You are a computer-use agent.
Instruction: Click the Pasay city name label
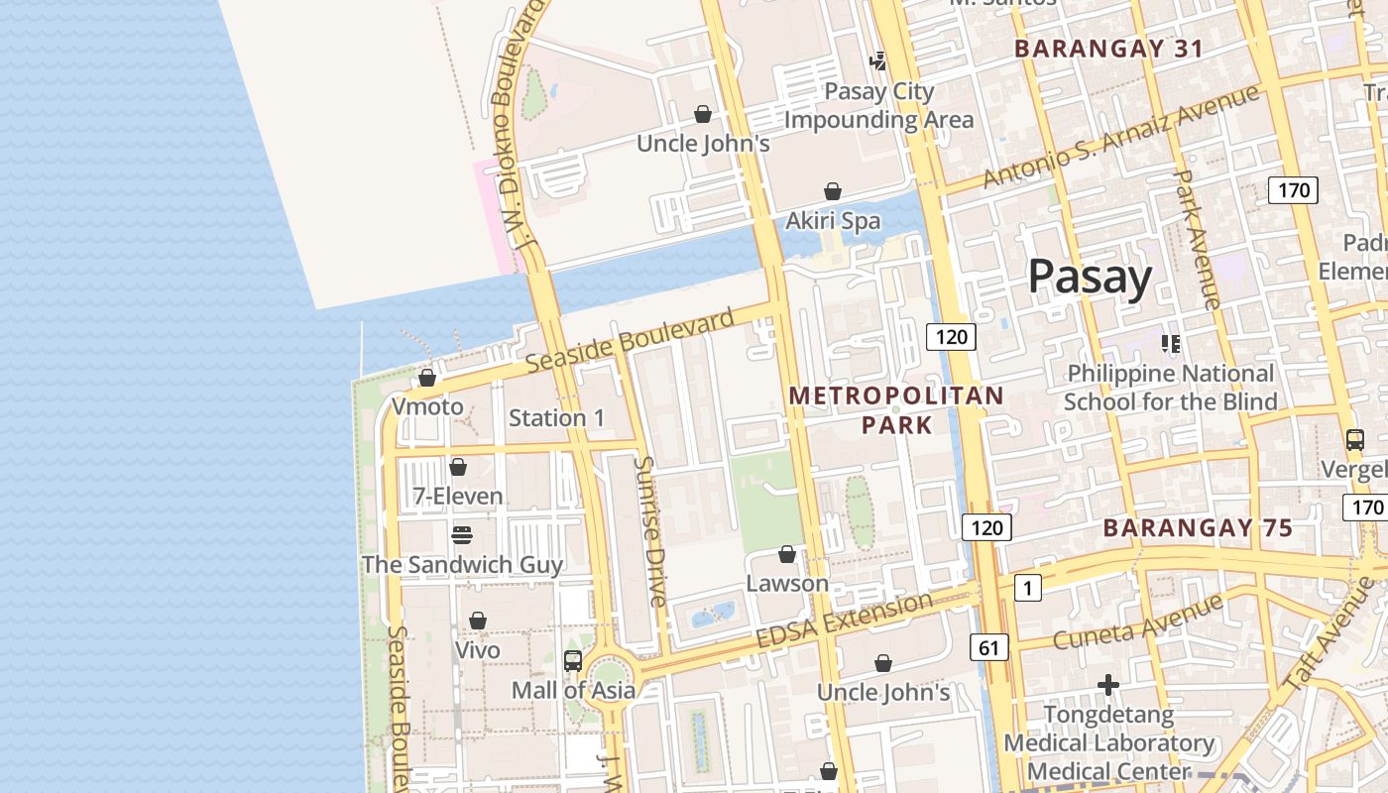click(x=1090, y=277)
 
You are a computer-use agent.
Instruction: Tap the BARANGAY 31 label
click(x=1108, y=49)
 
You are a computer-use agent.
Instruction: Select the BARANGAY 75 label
click(x=1198, y=527)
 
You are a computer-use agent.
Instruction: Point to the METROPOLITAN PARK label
click(x=896, y=410)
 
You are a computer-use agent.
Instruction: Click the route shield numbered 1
click(x=1027, y=588)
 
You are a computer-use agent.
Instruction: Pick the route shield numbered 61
click(x=988, y=648)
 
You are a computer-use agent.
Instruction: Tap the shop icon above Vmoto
click(x=427, y=378)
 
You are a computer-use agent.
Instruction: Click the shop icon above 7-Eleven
click(x=458, y=466)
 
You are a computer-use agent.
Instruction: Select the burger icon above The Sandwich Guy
click(x=462, y=535)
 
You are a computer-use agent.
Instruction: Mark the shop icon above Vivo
click(x=478, y=621)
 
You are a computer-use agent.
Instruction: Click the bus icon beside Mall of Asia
click(x=572, y=661)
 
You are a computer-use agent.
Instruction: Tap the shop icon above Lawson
click(x=787, y=553)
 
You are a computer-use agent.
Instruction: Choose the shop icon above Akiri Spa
click(x=833, y=191)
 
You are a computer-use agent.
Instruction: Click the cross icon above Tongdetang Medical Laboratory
click(x=1108, y=685)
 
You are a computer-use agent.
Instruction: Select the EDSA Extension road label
click(x=844, y=621)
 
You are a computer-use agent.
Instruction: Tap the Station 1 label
click(x=556, y=418)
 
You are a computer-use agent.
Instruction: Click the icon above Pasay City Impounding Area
click(x=878, y=61)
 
